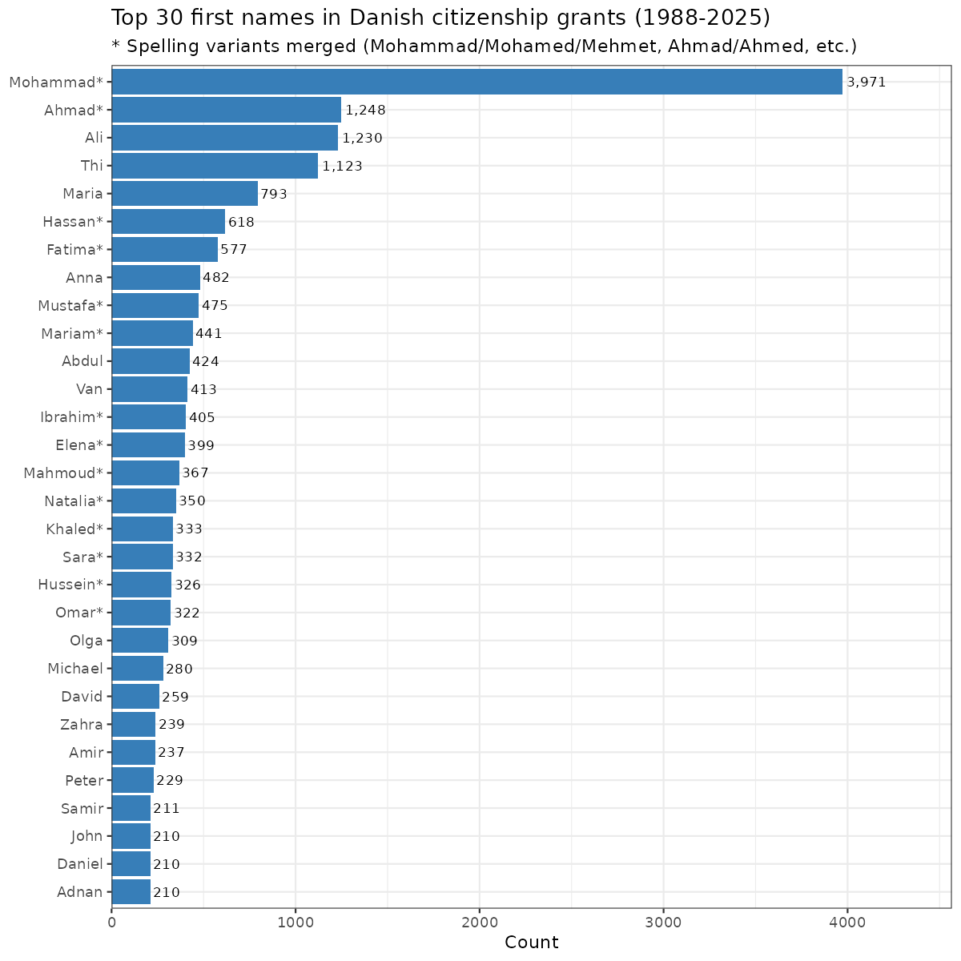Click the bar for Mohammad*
(476, 82)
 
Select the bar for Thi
(215, 166)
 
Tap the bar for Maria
(184, 194)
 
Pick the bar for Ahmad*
(226, 110)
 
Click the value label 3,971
(867, 82)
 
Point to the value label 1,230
(362, 138)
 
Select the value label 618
(241, 222)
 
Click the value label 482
(216, 278)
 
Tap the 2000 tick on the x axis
(480, 923)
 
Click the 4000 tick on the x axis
(847, 923)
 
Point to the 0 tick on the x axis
(111, 923)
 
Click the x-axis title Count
(531, 943)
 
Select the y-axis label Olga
(86, 641)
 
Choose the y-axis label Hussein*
(70, 585)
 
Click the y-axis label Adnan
(80, 892)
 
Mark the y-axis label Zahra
(82, 725)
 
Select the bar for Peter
(132, 780)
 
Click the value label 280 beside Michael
(179, 669)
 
